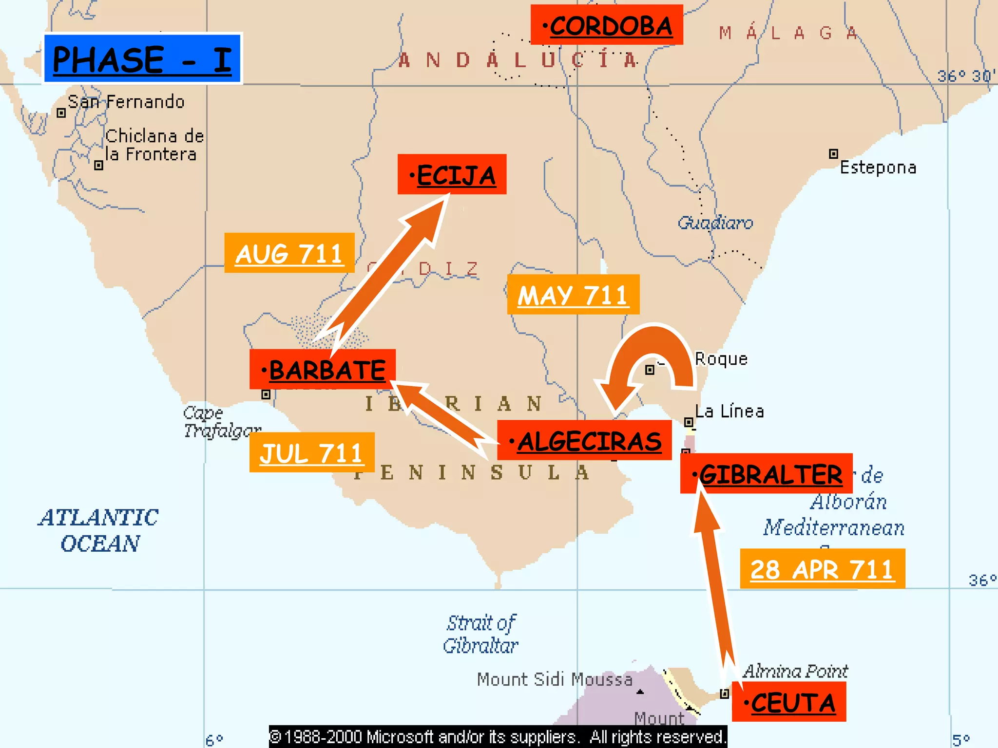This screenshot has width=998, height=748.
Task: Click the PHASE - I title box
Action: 142,58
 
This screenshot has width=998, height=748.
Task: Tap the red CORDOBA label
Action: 607,25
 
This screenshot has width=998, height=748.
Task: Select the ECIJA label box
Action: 452,174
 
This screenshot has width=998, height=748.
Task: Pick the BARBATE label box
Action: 323,369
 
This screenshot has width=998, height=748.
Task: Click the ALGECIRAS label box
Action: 584,440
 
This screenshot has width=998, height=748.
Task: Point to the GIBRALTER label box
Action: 767,473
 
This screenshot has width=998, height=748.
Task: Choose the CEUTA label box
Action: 789,702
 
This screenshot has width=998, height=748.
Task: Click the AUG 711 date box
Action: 289,253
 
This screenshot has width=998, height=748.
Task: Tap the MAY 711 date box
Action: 573,294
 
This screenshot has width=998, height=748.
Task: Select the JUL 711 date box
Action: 312,452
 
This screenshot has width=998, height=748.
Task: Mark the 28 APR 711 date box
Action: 823,568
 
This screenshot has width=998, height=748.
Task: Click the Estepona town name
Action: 878,168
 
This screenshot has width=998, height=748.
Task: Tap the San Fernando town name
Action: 126,102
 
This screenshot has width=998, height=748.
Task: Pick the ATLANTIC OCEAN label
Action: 99,530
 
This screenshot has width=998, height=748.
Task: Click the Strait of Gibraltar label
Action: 481,634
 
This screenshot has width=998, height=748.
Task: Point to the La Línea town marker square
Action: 689,422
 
